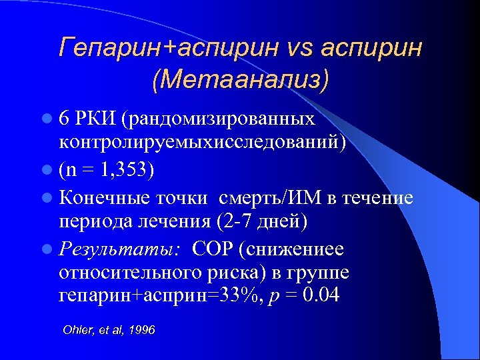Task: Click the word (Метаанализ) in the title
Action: pyautogui.click(x=241, y=79)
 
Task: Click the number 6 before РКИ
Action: pyautogui.click(x=64, y=119)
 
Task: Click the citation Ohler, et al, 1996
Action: pyautogui.click(x=108, y=330)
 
